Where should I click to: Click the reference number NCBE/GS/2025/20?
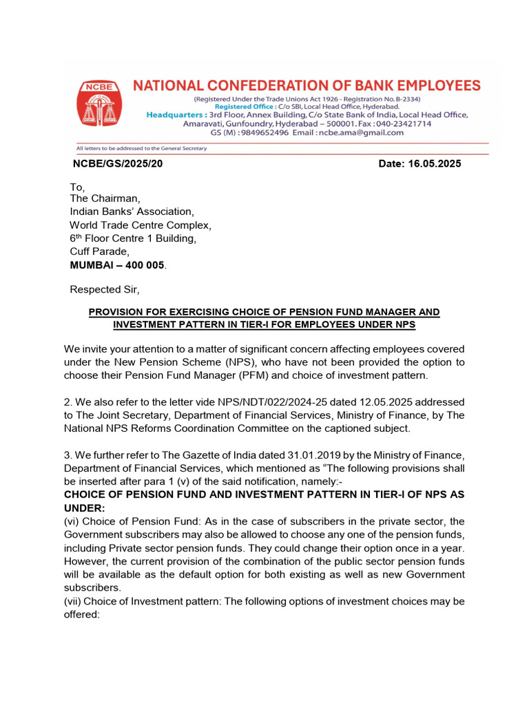pyautogui.click(x=118, y=164)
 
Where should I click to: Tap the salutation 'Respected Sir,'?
pyautogui.click(x=105, y=289)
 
